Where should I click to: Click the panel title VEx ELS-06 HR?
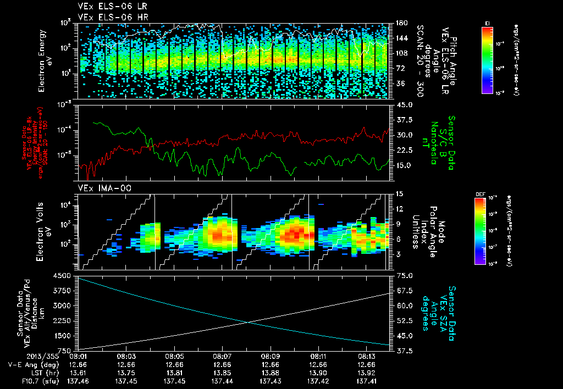[x=108, y=17]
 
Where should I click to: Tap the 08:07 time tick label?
[x=222, y=356]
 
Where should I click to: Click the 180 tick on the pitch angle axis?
[x=400, y=23]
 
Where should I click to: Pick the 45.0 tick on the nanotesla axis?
[x=405, y=104]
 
